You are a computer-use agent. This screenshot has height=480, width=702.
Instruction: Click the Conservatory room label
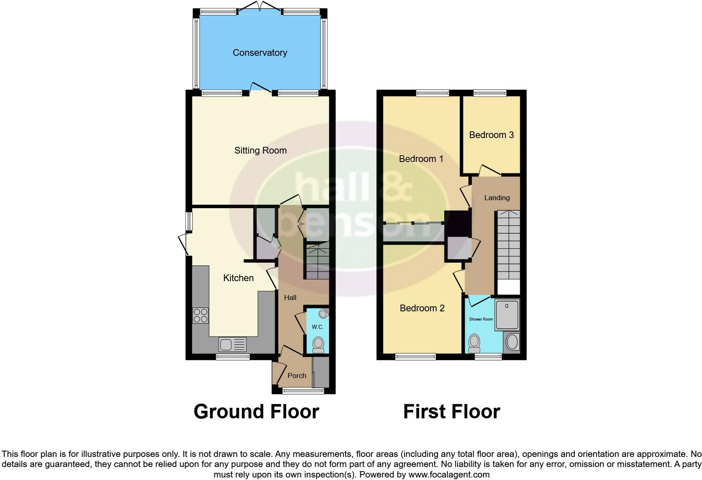tap(260, 53)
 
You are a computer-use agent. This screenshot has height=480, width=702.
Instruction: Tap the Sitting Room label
tap(260, 151)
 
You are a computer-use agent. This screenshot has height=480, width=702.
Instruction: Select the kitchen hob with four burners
tap(200, 316)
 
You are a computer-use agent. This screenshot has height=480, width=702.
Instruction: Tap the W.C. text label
tap(317, 327)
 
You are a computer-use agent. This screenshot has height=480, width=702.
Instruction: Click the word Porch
tap(297, 376)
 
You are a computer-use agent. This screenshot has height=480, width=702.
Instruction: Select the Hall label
tap(290, 297)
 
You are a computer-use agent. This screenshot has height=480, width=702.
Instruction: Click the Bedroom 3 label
tap(491, 135)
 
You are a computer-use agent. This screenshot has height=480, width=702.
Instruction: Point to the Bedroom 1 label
tap(421, 159)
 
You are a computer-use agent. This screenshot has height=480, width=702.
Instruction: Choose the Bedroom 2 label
tap(422, 308)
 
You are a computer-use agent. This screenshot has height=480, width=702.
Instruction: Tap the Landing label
tap(497, 198)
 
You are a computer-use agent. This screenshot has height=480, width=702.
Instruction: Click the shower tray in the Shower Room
tap(507, 314)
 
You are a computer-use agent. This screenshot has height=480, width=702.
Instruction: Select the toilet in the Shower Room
tap(474, 343)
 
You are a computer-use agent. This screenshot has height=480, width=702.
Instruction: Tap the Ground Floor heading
tap(256, 412)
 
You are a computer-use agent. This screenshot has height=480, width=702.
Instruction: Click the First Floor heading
tap(451, 412)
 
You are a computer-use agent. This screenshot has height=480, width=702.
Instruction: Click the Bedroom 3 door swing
tap(489, 170)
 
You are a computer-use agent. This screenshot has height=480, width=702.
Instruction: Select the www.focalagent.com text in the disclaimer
tap(449, 475)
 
